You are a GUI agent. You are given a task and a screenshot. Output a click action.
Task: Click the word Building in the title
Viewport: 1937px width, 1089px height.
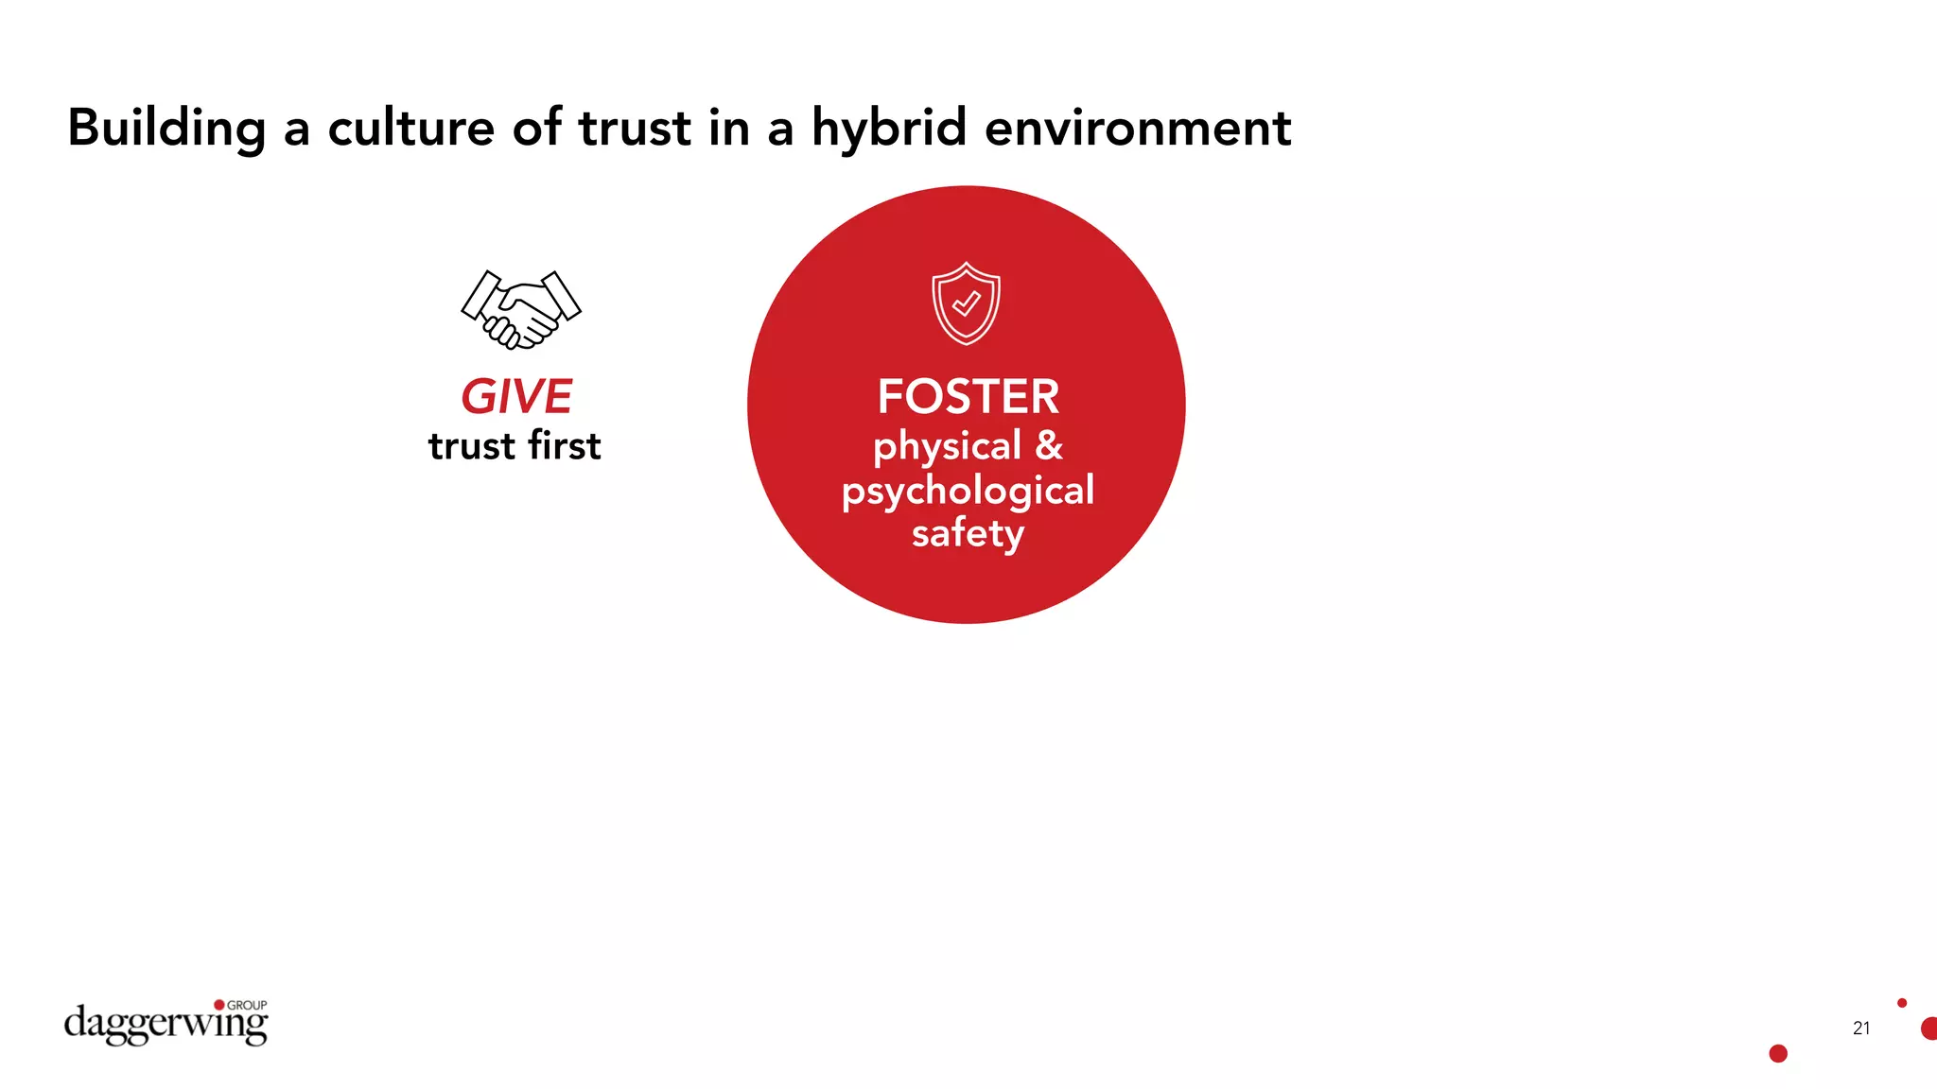[166, 129]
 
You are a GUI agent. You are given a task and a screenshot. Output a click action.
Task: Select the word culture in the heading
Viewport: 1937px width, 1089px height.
[410, 129]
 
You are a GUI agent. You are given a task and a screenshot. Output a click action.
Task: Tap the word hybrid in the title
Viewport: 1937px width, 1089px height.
[889, 129]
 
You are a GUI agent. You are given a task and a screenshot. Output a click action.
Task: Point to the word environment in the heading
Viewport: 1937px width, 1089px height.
[1137, 129]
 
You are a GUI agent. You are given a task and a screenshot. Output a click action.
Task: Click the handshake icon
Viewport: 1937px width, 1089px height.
[520, 309]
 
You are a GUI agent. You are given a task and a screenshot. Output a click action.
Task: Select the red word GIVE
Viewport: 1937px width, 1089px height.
[516, 396]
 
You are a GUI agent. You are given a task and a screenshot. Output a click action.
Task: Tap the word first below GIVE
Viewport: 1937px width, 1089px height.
[565, 446]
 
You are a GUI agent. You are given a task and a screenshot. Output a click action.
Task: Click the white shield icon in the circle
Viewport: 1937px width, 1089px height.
[966, 303]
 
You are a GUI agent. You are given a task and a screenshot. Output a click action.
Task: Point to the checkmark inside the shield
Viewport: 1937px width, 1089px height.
[966, 303]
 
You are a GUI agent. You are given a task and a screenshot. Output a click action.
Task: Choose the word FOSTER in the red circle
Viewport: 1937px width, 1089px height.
[968, 396]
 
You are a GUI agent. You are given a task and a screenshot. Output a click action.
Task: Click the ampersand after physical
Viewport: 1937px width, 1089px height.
[1049, 446]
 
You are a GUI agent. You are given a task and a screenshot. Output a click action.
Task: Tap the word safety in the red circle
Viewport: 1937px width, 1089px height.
[968, 533]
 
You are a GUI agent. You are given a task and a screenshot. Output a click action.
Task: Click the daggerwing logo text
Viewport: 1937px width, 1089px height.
[165, 1025]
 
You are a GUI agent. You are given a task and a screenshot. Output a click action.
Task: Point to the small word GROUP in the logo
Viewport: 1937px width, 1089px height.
[247, 1005]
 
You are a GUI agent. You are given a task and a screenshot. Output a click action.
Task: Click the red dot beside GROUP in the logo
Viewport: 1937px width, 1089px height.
[219, 1005]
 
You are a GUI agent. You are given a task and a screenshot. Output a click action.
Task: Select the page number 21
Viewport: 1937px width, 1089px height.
[1861, 1028]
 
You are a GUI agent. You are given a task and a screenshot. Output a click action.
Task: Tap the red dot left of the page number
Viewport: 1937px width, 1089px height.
[1778, 1053]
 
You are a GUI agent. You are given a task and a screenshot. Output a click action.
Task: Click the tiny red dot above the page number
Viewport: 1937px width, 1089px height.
[1902, 1003]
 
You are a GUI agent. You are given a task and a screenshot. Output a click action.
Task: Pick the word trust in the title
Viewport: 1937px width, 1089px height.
[635, 129]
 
